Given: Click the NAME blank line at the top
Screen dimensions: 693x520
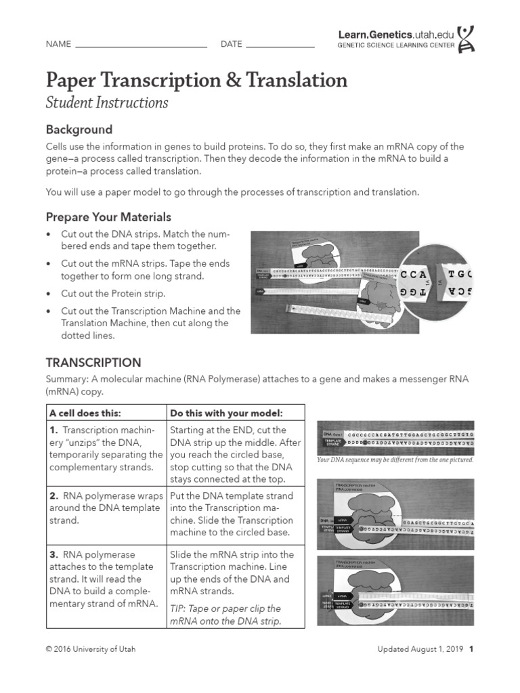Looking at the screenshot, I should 141,46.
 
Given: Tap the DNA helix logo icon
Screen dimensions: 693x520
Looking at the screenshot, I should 466,39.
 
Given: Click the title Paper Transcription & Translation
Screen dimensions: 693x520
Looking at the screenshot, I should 196,80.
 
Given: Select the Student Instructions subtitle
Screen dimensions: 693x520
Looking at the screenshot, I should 107,103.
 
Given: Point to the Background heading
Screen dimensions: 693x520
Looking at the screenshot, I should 79,129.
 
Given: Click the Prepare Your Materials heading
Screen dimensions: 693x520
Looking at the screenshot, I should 108,217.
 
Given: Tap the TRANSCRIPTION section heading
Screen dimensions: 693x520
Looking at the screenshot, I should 93,363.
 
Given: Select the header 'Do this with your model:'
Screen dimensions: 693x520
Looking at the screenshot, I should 225,413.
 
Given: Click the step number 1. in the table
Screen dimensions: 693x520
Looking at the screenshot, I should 53,430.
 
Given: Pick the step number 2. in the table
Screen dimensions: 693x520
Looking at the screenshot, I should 53,496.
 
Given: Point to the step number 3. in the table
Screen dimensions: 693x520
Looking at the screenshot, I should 53,555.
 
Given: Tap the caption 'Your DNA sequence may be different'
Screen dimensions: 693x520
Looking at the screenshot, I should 395,460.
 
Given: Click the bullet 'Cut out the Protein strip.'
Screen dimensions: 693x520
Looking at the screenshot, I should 113,294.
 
